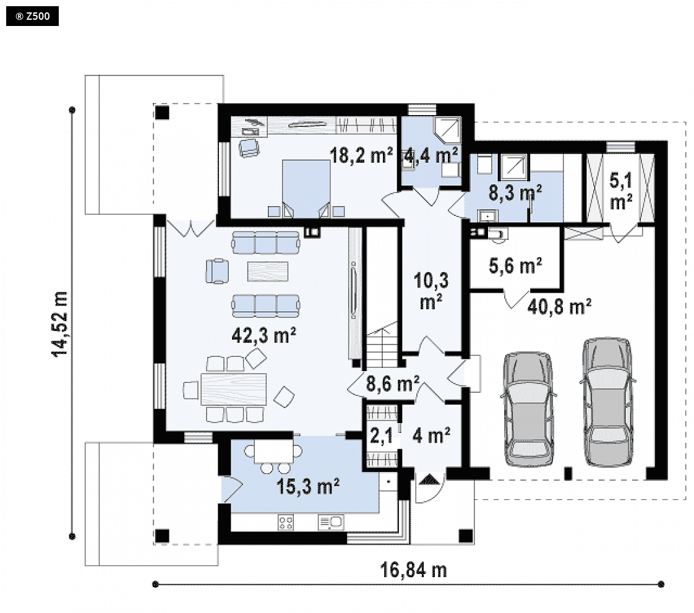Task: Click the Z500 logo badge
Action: tap(32, 17)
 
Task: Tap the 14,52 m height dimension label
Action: tap(60, 324)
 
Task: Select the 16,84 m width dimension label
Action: tap(413, 570)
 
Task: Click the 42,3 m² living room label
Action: tap(263, 335)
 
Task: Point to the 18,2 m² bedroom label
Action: tap(361, 156)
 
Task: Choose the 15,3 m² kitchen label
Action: tap(308, 486)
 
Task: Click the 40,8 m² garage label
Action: tap(559, 306)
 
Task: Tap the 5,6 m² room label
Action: tap(516, 265)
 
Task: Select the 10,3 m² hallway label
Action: tap(431, 291)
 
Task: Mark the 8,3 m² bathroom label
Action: tap(515, 193)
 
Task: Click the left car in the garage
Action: tap(529, 409)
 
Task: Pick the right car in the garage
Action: tap(607, 402)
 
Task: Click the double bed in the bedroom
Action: tap(306, 188)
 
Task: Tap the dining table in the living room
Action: tap(234, 390)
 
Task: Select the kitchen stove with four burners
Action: tap(286, 523)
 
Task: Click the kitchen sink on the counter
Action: tap(331, 523)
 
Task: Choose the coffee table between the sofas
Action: tap(268, 272)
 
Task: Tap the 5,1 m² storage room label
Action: tap(621, 191)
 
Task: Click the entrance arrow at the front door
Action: tap(429, 479)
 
